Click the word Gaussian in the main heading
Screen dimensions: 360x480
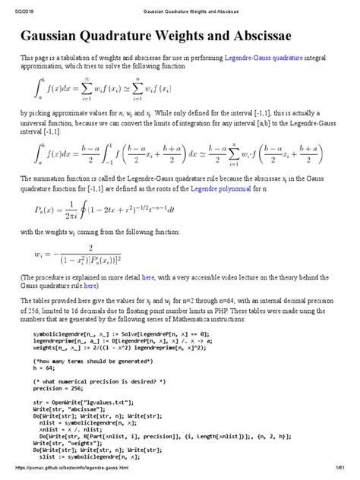tap(66, 36)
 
